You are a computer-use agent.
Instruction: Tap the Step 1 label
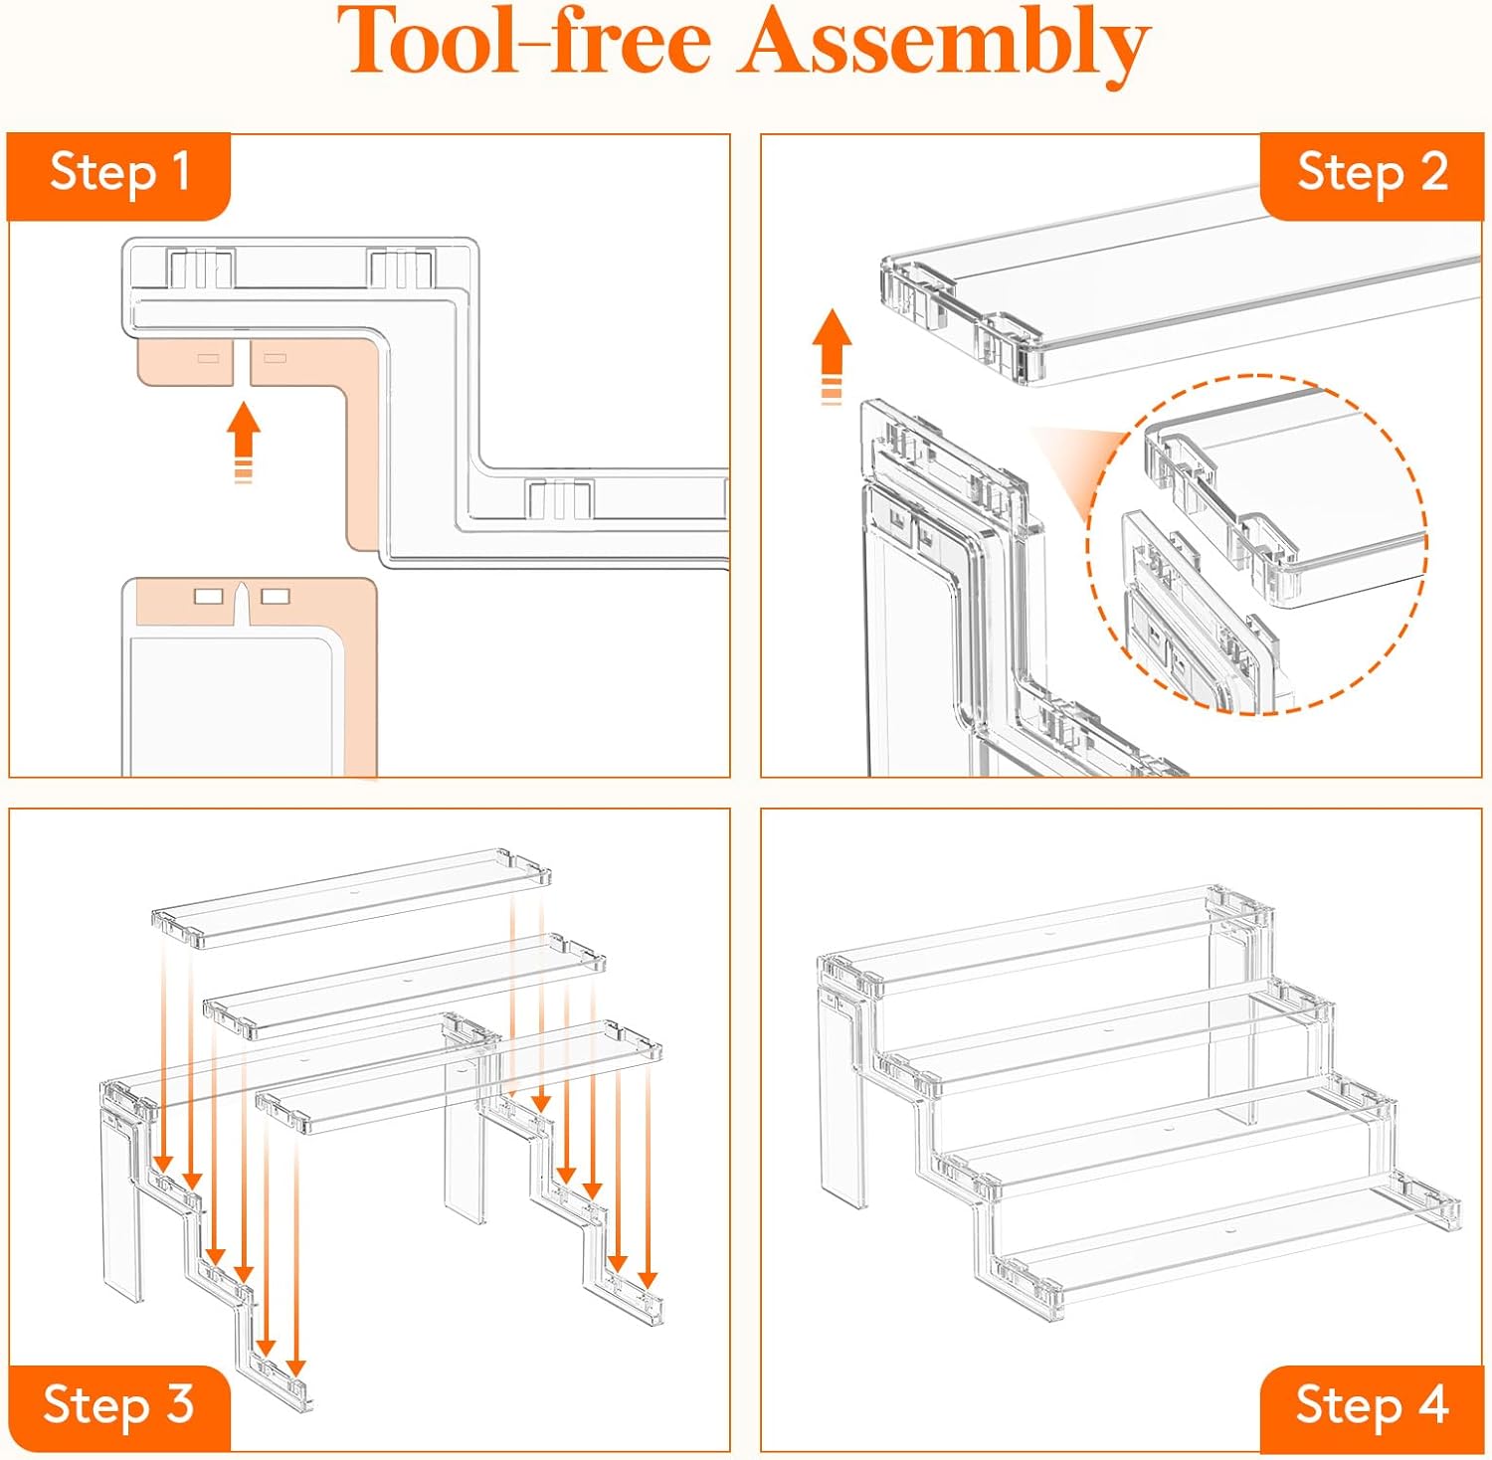click(x=119, y=173)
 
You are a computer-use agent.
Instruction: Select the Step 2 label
click(x=1373, y=173)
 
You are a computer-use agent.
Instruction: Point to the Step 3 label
click(x=118, y=1405)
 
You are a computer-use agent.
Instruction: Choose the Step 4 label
click(x=1372, y=1405)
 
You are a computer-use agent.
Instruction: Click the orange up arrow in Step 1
click(x=244, y=438)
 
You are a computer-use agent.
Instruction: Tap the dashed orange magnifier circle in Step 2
click(x=1257, y=544)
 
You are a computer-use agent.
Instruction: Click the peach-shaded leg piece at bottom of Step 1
click(x=249, y=676)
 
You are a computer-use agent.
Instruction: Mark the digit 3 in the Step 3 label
click(x=180, y=1405)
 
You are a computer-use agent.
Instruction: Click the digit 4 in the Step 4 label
click(x=1432, y=1405)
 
